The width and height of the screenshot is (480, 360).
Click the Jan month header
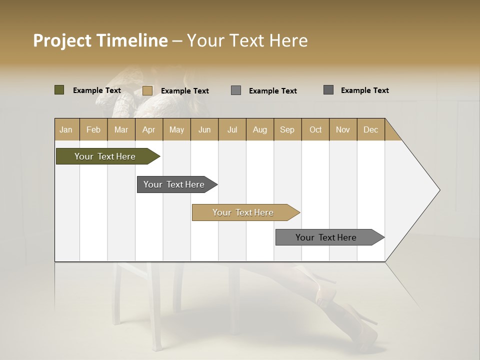[66, 129]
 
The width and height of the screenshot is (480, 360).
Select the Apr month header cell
[149, 129]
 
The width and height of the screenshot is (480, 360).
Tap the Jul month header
[232, 129]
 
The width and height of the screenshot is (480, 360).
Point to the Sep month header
[287, 129]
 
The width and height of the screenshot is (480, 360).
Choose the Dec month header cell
[370, 129]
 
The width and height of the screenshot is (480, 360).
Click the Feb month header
[93, 129]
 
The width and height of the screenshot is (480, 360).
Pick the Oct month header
[315, 129]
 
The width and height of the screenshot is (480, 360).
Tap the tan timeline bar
[243, 212]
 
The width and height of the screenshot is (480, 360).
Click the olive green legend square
[59, 90]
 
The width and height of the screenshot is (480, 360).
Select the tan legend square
[147, 90]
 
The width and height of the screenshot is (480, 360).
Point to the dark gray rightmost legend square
[328, 90]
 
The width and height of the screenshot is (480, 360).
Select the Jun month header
[204, 129]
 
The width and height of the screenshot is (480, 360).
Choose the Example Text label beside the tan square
[184, 91]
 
